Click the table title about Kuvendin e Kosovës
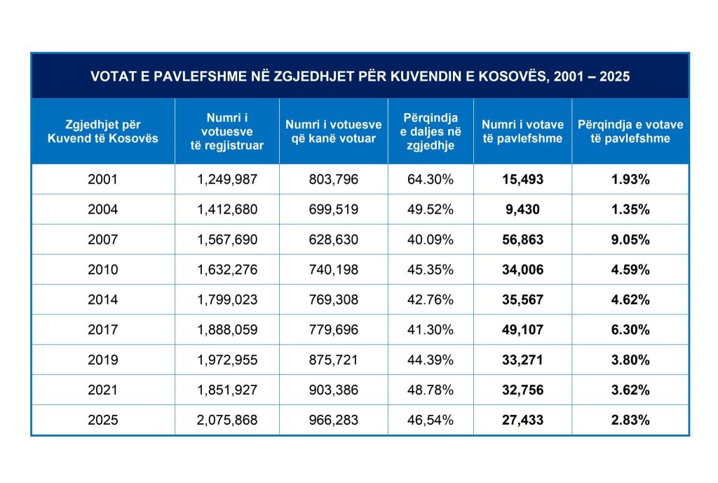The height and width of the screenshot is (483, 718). click(360, 76)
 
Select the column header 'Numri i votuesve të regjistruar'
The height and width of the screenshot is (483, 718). click(227, 131)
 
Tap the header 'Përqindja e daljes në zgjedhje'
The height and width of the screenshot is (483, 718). click(431, 131)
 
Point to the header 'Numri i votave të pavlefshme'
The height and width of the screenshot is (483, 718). click(522, 131)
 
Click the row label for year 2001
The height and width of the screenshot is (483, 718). click(103, 180)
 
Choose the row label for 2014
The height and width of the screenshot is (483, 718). click(103, 300)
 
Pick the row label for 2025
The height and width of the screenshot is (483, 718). click(103, 421)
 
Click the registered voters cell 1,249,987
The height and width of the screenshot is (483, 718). click(227, 180)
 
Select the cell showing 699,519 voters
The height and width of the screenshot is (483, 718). click(333, 210)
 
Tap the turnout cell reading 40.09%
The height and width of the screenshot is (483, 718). click(431, 240)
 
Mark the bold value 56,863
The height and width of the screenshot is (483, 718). click(522, 240)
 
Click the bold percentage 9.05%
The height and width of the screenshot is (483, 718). click(630, 240)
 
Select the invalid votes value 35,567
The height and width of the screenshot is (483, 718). click(522, 300)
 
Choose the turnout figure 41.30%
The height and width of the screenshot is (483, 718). click(431, 330)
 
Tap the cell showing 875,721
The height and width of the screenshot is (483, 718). click(333, 360)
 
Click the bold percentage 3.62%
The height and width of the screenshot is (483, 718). click(630, 390)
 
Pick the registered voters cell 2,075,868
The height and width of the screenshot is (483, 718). click(227, 421)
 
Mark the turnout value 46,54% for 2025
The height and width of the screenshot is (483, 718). click(431, 421)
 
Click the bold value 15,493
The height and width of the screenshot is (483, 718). click(522, 180)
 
